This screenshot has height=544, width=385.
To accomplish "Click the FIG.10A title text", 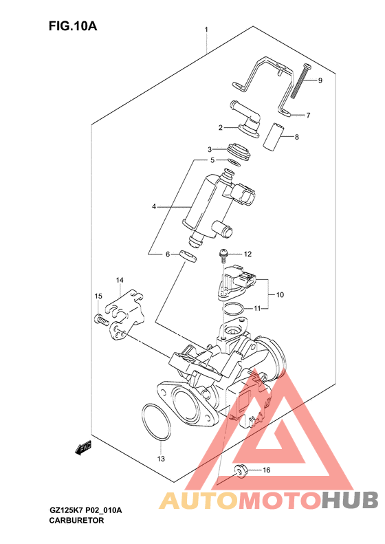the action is click(x=73, y=25).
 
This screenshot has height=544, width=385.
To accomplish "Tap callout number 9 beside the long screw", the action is click(x=320, y=80).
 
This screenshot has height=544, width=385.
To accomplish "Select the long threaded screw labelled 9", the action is click(x=300, y=81).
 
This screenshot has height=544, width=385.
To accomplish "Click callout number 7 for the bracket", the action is click(x=308, y=115).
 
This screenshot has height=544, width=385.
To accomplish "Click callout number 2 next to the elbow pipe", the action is click(x=220, y=128).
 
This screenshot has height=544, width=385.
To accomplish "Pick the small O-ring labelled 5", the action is click(x=234, y=162).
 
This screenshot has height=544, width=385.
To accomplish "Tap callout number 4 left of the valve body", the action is click(x=154, y=207).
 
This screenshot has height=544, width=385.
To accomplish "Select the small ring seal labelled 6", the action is click(x=188, y=255).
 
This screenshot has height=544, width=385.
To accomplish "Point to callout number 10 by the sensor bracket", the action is click(x=280, y=295).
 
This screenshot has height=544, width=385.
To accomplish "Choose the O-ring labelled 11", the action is click(x=234, y=309).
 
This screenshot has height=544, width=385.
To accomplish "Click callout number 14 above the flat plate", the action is click(x=120, y=280).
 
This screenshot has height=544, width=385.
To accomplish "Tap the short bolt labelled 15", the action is click(x=101, y=319).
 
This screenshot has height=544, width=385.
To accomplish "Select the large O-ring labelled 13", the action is click(x=157, y=422).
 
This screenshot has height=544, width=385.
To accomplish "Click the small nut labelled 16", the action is click(x=239, y=471).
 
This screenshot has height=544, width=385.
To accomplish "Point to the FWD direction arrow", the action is click(x=83, y=448).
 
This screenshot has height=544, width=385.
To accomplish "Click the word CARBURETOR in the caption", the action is click(x=76, y=521).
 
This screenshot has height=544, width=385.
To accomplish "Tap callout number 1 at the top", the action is click(x=206, y=30).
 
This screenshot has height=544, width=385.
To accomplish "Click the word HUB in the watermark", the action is click(x=349, y=500).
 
